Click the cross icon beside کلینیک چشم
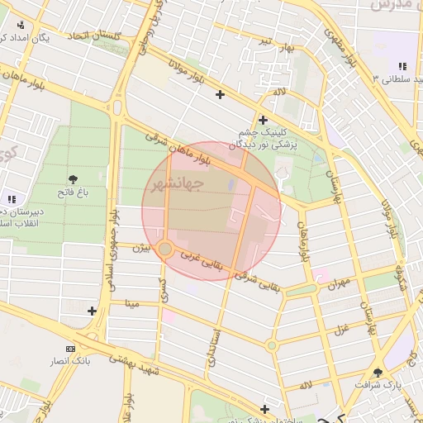pyautogui.click(x=263, y=118)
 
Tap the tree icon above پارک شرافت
pyautogui.click(x=378, y=373)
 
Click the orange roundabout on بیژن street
pyautogui.click(x=165, y=248)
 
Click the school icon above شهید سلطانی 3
pyautogui.click(x=402, y=65)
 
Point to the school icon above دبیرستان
pyautogui.click(x=11, y=198)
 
